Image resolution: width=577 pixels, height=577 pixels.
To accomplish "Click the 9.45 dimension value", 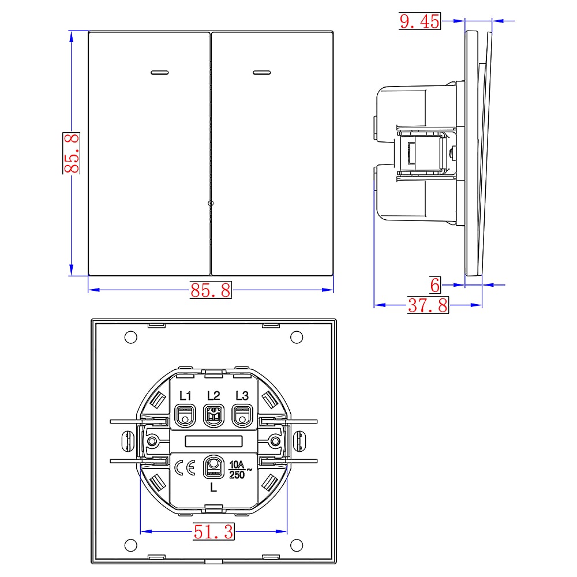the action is [419, 21].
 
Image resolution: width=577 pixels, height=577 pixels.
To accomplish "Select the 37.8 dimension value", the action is [428, 305].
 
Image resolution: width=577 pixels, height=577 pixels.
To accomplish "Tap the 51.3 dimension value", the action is [213, 532].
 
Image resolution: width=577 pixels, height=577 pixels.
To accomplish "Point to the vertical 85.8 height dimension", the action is [72, 153].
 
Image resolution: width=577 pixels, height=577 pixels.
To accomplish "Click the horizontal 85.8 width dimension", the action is [211, 290].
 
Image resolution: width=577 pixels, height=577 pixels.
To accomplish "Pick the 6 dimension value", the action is [435, 285].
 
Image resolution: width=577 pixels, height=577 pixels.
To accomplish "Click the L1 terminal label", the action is [185, 396].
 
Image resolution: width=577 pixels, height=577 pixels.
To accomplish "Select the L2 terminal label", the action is [213, 396].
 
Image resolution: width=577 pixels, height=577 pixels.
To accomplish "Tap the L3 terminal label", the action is [242, 396].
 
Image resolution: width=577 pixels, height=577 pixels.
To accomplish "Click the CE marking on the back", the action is [185, 468].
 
